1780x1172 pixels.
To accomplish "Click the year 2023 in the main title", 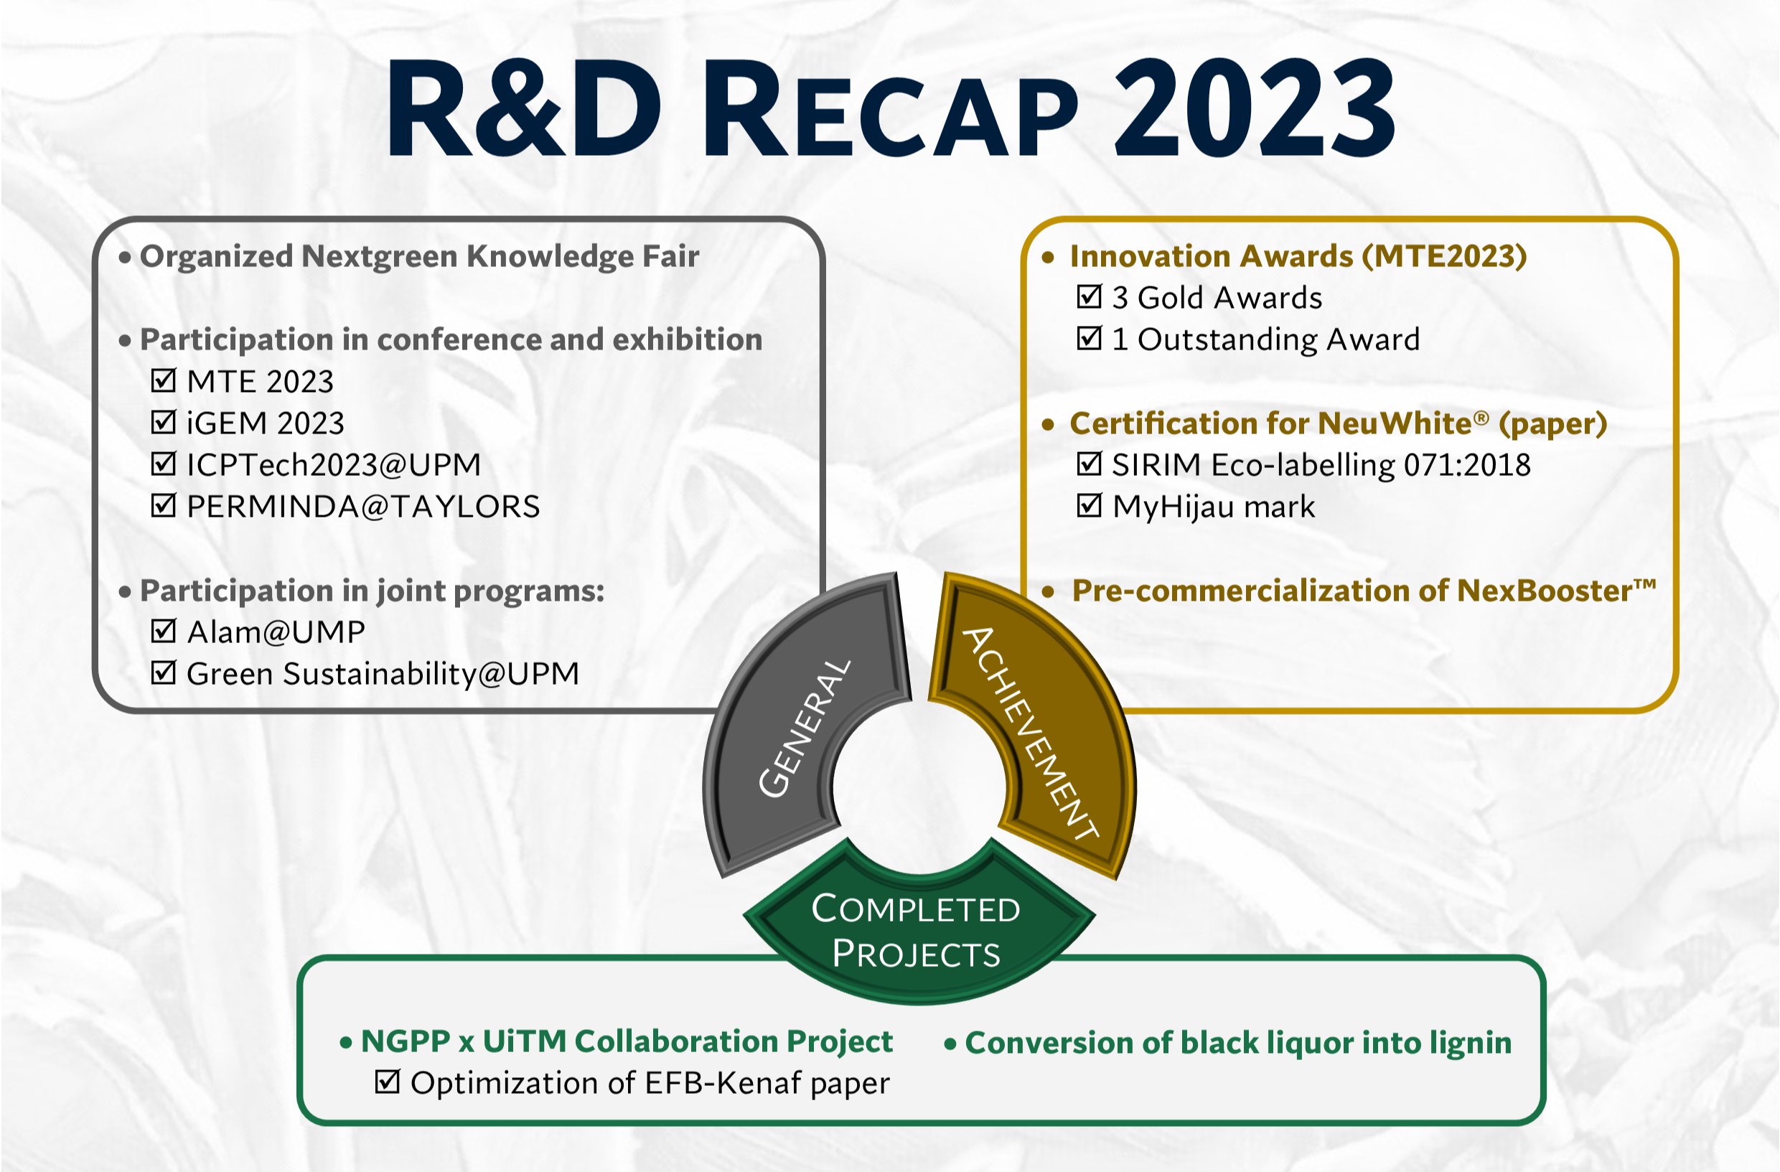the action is click(x=1254, y=108).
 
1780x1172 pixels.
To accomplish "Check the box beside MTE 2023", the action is click(x=163, y=380).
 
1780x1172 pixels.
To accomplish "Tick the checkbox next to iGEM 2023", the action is click(x=163, y=423).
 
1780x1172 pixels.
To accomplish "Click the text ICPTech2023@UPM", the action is click(x=334, y=464).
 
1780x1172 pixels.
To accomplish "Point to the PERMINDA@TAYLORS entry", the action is click(x=362, y=507).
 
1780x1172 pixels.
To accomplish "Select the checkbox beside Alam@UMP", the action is click(x=163, y=632).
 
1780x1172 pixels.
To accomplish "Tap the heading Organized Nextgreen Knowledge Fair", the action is click(x=420, y=256).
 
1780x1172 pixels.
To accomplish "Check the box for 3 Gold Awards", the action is click(x=1089, y=297).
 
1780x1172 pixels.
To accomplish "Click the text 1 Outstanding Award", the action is click(x=1265, y=339).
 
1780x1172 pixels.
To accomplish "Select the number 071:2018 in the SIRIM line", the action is click(x=1466, y=465).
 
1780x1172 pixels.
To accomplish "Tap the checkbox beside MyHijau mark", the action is click(x=1089, y=507).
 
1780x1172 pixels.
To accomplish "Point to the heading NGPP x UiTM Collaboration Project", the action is click(x=627, y=1041).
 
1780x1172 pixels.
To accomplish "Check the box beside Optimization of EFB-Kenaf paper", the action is click(x=387, y=1082).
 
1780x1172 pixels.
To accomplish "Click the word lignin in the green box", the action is click(x=1471, y=1044).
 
